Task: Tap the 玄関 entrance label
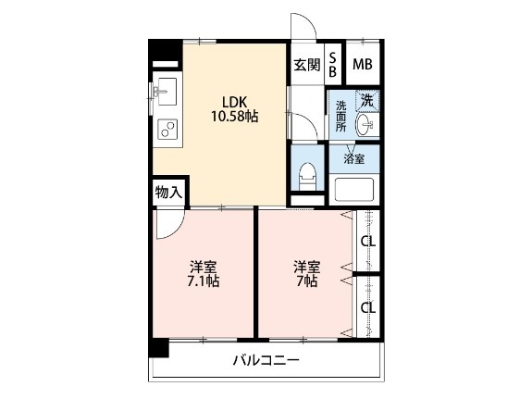[x=306, y=65]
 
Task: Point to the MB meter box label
[x=363, y=65]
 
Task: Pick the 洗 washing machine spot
[x=367, y=99]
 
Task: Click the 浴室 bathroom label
[x=354, y=159]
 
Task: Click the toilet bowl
[x=307, y=174]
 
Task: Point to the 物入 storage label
[x=168, y=193]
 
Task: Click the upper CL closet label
[x=367, y=243]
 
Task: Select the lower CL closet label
[x=367, y=307]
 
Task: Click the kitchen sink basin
[x=167, y=92]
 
